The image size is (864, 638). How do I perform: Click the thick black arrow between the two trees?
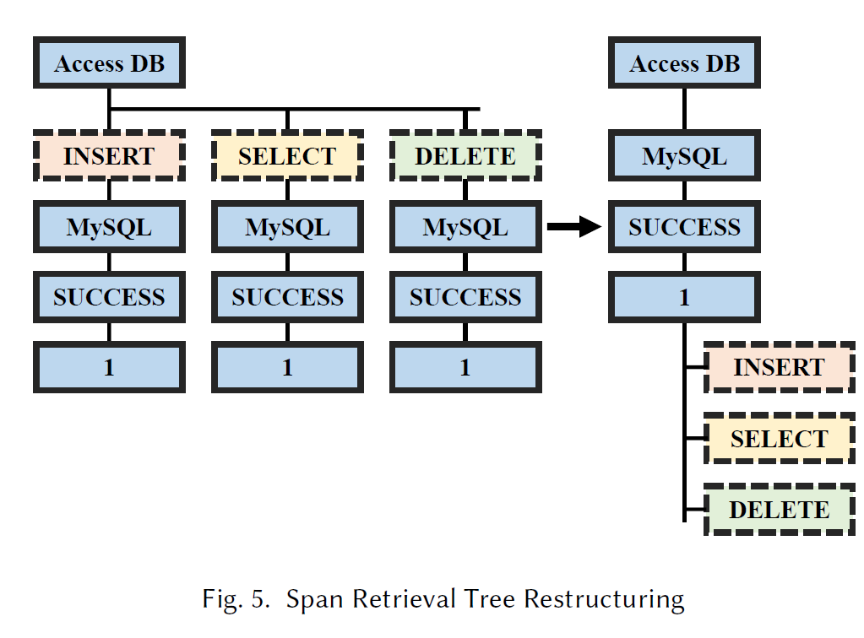574,226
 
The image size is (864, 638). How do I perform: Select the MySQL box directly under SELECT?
287,227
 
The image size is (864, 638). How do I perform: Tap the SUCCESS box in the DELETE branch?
465,297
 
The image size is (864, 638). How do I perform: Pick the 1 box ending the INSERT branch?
109,366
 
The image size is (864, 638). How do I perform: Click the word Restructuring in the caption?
604,599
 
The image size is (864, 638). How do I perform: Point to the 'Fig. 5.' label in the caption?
236,599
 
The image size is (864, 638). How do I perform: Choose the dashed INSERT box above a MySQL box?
109,156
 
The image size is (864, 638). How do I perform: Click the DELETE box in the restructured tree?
780,509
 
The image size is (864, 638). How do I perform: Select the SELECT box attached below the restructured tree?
780,438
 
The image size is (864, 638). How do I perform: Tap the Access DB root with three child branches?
109,62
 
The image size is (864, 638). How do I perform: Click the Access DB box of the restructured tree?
684,62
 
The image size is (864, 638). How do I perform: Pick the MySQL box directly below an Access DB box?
684,156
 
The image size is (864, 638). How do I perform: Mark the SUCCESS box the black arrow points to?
684,227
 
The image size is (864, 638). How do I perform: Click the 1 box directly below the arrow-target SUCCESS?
684,297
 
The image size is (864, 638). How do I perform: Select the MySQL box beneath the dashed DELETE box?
465,227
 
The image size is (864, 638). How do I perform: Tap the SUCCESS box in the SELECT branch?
287,297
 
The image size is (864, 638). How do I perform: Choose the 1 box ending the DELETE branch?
465,366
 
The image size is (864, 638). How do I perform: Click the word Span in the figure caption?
315,599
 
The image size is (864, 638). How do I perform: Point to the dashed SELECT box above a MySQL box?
287,156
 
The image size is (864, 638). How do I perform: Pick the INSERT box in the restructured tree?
780,366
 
